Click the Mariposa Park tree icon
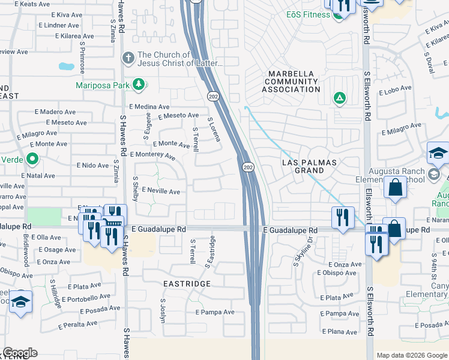point(139,85)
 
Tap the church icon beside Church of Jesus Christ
point(128,58)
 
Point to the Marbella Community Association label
point(292,82)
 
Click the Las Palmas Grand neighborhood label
point(310,166)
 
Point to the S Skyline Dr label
point(303,252)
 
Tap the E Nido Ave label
point(93,165)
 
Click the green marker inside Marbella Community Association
point(339,97)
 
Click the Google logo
point(20,353)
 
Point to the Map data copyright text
point(411,355)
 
